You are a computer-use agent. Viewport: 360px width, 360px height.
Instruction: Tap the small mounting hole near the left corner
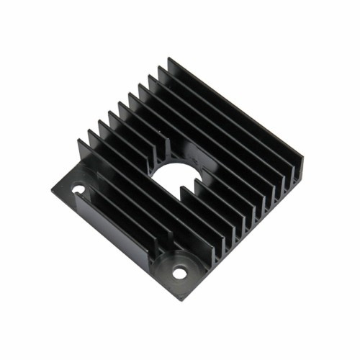78,190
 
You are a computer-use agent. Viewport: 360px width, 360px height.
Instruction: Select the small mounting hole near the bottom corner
179,274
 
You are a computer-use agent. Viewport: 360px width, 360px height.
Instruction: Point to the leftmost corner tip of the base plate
52,190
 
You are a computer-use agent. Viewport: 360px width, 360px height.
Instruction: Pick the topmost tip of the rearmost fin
169,58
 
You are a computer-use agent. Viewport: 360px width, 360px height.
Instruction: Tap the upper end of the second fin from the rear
159,67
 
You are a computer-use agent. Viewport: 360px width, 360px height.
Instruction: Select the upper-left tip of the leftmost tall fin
78,140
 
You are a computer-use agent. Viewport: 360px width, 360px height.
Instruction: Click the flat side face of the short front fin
108,216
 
